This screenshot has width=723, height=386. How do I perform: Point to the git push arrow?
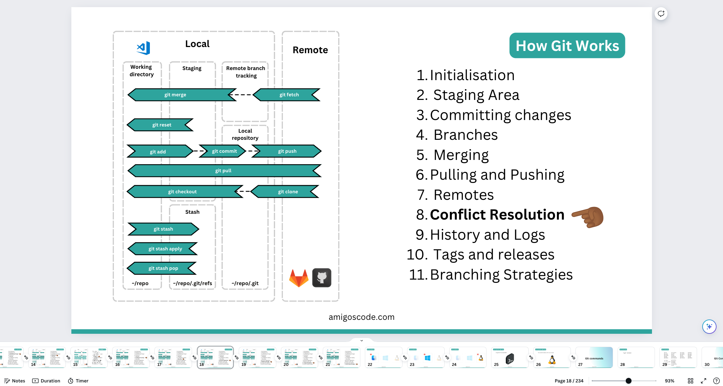point(287,151)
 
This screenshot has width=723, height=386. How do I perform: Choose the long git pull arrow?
point(224,171)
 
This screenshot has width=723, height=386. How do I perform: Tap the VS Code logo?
point(143,48)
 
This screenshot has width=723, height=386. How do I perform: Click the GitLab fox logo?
point(298,278)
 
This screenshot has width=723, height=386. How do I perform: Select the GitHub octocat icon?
point(321,278)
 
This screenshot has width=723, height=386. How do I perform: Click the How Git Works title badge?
point(567,46)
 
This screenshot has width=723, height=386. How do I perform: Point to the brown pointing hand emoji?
point(588,216)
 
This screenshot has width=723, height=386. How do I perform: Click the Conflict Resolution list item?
point(497,215)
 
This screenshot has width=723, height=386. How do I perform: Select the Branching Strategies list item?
point(501,275)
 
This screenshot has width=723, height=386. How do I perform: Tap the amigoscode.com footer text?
point(361,317)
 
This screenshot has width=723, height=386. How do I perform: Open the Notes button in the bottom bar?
point(15,381)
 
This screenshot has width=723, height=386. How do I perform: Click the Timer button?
point(78,381)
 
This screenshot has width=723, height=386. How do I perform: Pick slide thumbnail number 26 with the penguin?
point(552,357)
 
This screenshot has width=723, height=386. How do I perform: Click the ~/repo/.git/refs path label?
point(192,283)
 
